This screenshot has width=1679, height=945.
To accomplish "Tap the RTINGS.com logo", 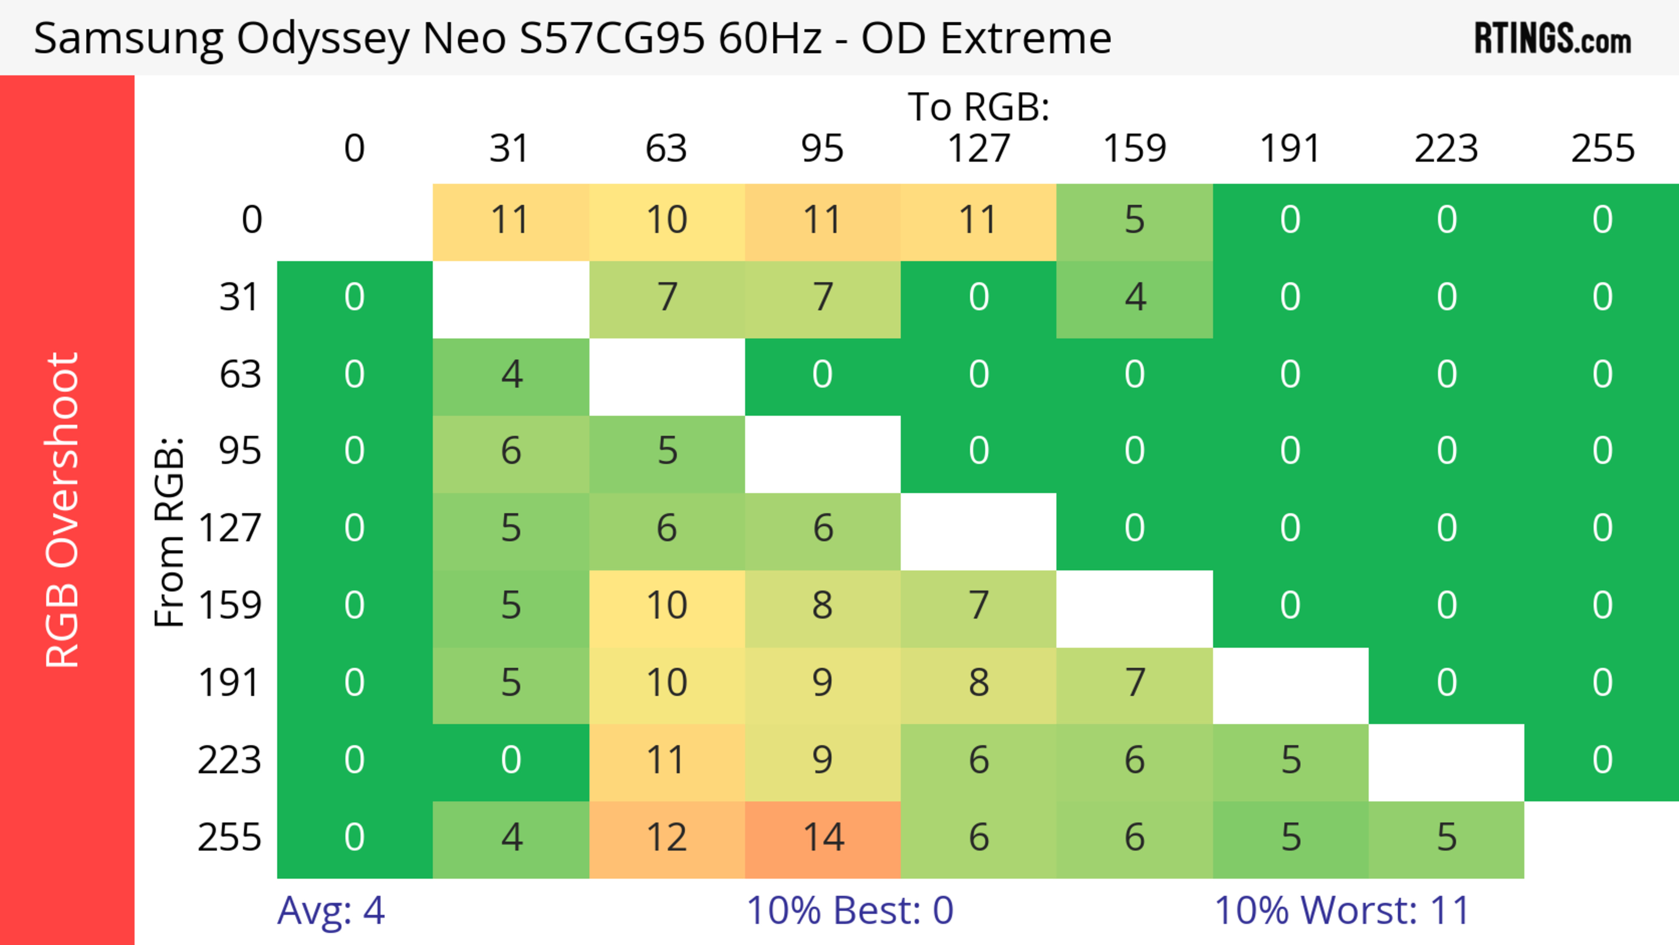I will click(1553, 38).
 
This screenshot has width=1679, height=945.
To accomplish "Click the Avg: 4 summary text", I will click(331, 910).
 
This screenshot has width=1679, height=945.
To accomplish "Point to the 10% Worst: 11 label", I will click(1342, 910).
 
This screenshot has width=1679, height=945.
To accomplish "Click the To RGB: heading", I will click(979, 107).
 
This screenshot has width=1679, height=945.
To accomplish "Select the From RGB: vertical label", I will click(170, 531).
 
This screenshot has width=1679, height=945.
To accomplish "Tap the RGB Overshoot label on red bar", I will click(63, 510).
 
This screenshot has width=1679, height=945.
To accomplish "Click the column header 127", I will click(979, 149).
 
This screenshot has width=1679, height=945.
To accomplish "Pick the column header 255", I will click(1602, 149).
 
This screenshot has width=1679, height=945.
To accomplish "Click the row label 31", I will click(239, 297).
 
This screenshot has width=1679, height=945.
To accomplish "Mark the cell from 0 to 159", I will click(1134, 220).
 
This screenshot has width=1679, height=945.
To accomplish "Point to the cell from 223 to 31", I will click(510, 760).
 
